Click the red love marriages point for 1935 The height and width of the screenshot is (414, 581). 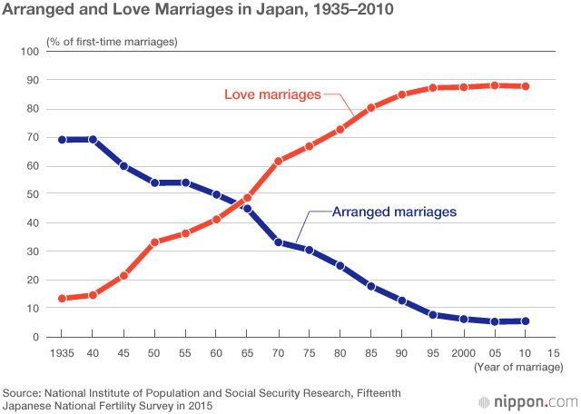[x=62, y=299]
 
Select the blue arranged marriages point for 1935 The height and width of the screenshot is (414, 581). [x=62, y=140]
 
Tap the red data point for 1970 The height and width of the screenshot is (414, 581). [x=278, y=161]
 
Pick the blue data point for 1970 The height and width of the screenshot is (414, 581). [x=278, y=242]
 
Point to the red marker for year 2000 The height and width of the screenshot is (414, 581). [x=463, y=87]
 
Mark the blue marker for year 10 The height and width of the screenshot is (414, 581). [x=525, y=320]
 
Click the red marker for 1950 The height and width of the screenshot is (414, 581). [x=154, y=242]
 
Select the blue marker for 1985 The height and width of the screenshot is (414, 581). [x=370, y=286]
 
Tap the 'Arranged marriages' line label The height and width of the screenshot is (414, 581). [x=393, y=212]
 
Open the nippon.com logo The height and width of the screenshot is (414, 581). [x=527, y=400]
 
